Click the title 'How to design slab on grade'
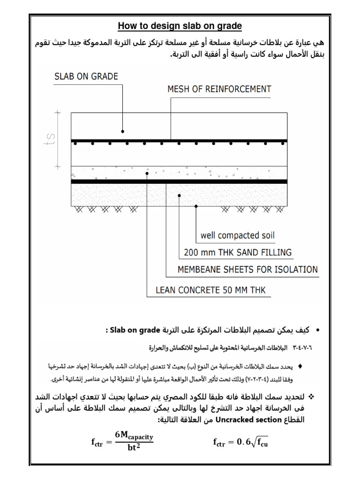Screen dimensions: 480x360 [180, 25]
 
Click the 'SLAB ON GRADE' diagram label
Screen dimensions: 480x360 [87, 76]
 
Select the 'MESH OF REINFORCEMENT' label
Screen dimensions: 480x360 [219, 89]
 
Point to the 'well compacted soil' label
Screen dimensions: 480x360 [238, 235]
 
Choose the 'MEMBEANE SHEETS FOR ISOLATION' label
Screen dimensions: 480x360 [247, 269]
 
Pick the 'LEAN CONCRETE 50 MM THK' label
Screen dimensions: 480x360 [210, 290]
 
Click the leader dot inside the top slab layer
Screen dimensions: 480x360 [123, 131]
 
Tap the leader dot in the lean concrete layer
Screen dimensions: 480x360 [147, 173]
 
